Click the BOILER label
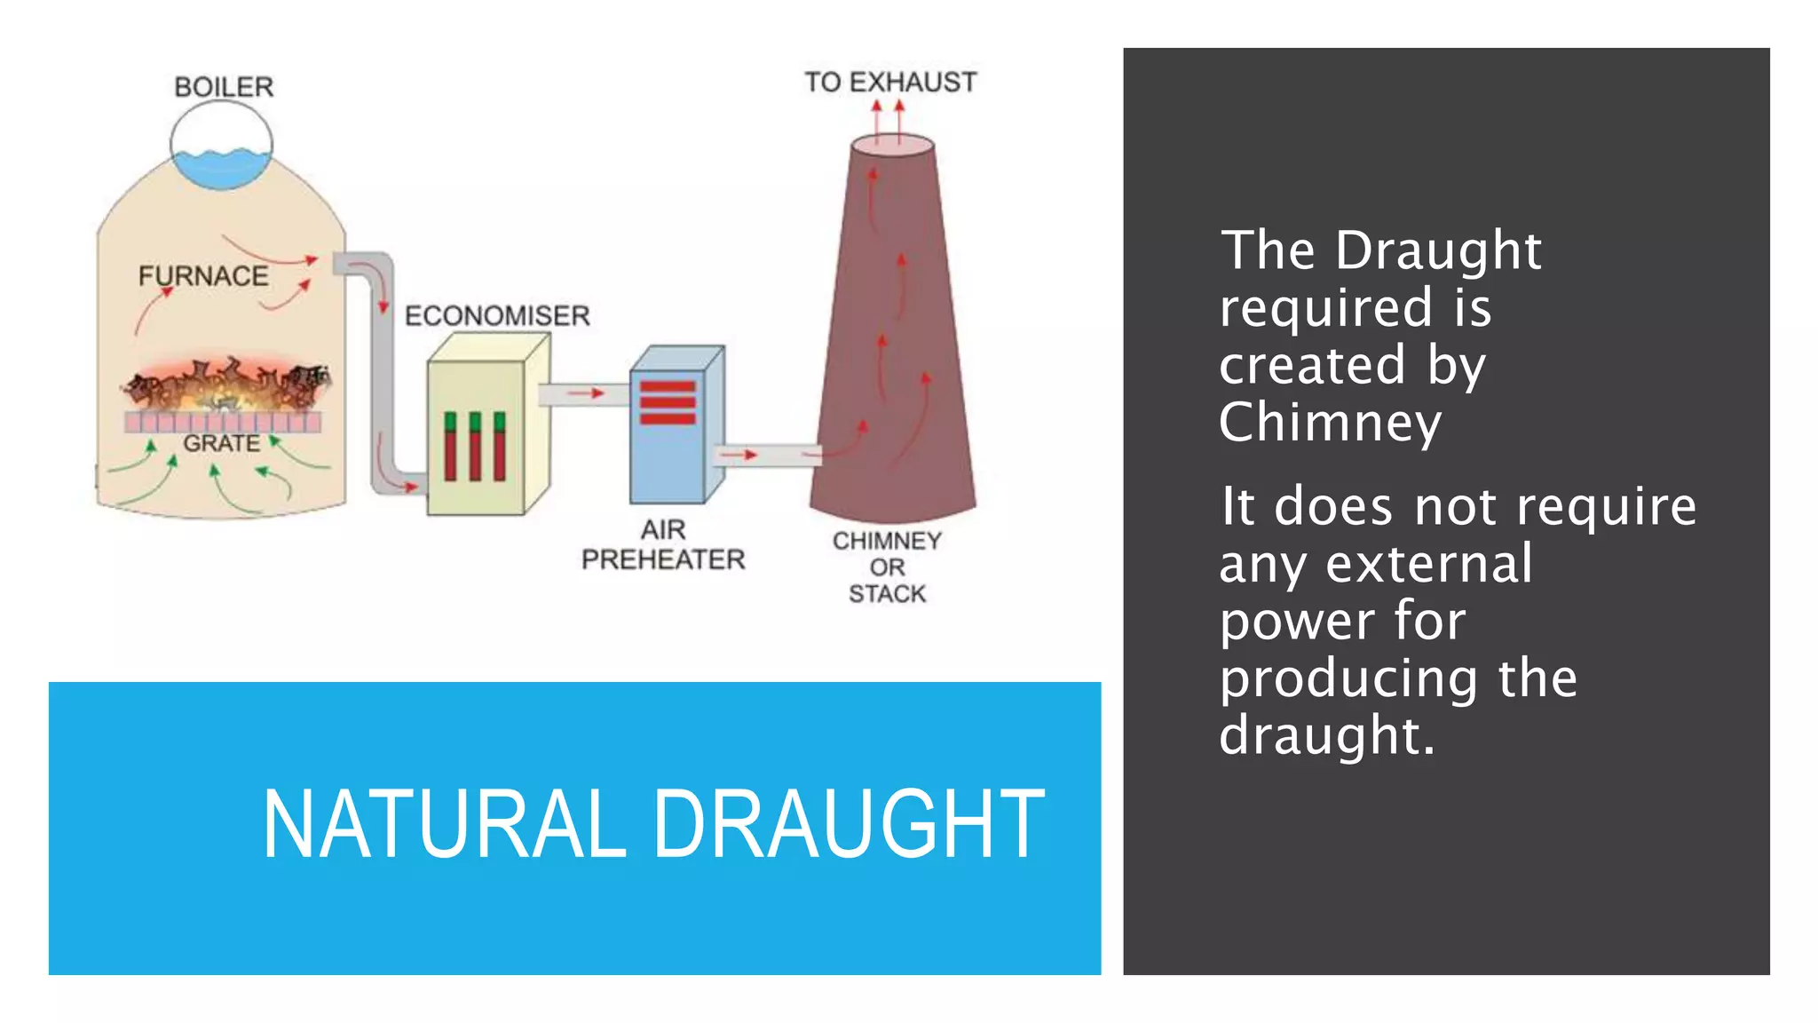(224, 87)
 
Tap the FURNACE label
(203, 276)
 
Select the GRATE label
(221, 443)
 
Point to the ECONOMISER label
(497, 315)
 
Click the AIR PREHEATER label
(663, 545)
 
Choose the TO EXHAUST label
(890, 83)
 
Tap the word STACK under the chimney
(887, 593)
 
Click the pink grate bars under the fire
(222, 421)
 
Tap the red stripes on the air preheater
(668, 402)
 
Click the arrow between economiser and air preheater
(586, 393)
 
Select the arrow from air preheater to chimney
(739, 455)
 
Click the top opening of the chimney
(892, 145)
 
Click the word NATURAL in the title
(444, 825)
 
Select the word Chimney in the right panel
(1329, 423)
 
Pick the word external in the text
(1428, 564)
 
